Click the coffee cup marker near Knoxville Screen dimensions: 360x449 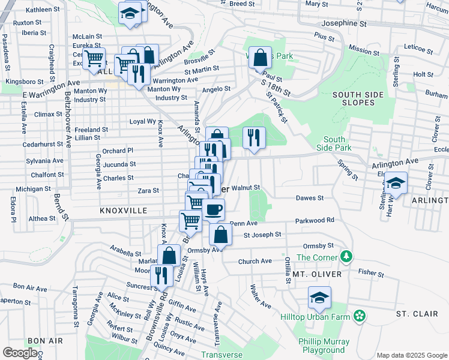pyautogui.click(x=213, y=210)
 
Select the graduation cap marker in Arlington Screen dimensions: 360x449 pyautogui.click(x=396, y=182)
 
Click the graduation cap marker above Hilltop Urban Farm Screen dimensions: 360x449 pyautogui.click(x=320, y=297)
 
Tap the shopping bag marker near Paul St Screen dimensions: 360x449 pyautogui.click(x=260, y=58)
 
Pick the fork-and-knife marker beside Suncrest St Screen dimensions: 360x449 pyautogui.click(x=161, y=275)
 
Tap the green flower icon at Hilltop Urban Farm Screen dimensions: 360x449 pyautogui.click(x=360, y=315)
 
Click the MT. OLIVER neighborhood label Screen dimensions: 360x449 pyautogui.click(x=317, y=274)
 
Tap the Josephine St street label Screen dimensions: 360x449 pyautogui.click(x=344, y=24)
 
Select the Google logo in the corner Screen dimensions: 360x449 pyautogui.click(x=20, y=353)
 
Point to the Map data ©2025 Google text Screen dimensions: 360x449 pyautogui.click(x=411, y=355)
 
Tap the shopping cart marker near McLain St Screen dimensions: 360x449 pyautogui.click(x=94, y=59)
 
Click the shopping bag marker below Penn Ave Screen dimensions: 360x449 pyautogui.click(x=220, y=234)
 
